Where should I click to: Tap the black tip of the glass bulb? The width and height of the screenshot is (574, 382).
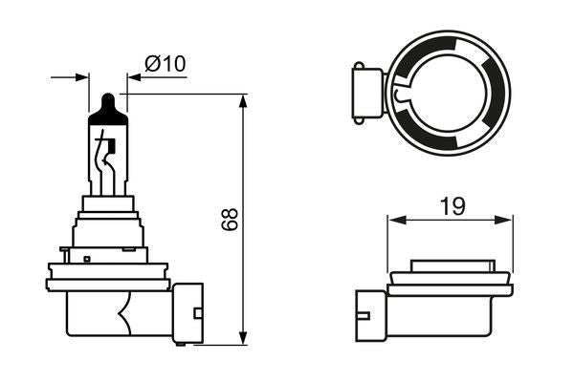[108, 103]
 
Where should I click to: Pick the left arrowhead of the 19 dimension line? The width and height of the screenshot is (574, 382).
[393, 220]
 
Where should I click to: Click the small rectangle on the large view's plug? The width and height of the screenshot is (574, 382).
[197, 310]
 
